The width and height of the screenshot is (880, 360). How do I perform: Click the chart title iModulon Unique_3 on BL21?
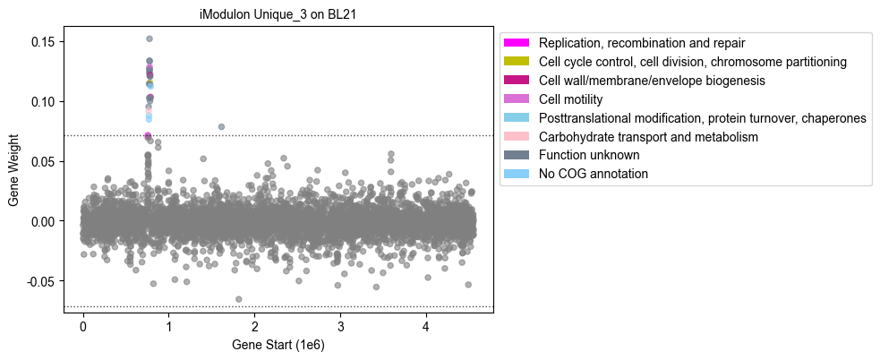pos(278,15)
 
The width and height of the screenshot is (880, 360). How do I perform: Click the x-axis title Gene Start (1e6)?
pos(278,345)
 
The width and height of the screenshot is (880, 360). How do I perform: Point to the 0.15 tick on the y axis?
pos(47,42)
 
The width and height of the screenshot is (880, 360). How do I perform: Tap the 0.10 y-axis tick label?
pos(47,102)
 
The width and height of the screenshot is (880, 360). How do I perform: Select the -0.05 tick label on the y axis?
pos(46,281)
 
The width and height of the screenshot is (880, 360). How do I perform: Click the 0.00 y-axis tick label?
pos(47,221)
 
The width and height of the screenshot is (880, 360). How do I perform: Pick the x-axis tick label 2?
pos(255,326)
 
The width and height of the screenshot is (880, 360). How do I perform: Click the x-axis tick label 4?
pos(426,326)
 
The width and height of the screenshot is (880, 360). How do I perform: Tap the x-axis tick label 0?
pos(83,326)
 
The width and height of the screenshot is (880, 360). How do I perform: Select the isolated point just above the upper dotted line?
pos(221,127)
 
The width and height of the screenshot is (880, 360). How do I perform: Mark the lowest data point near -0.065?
pos(238,299)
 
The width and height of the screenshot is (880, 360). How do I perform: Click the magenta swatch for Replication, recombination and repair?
pos(517,43)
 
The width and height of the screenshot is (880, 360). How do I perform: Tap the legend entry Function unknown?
pos(589,154)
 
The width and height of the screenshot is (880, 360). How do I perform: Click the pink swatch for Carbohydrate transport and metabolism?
pos(517,136)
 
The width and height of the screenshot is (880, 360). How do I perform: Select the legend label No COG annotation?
pos(594,174)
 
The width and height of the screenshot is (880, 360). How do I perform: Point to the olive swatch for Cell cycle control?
pos(517,61)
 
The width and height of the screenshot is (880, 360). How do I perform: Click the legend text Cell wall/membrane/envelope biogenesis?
pos(652,81)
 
